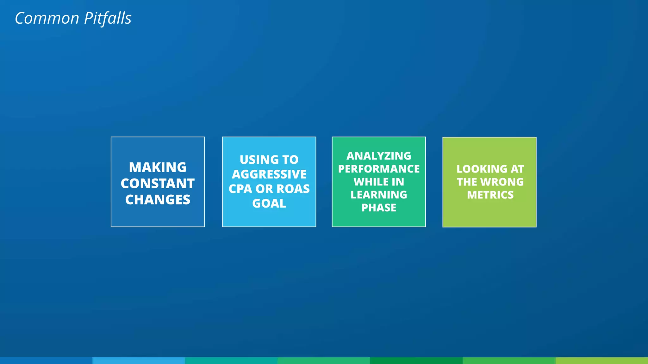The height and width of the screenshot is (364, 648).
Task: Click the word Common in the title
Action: (x=47, y=18)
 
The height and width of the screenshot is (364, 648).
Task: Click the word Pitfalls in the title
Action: (x=108, y=18)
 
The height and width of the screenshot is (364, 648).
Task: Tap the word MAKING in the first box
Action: (x=158, y=167)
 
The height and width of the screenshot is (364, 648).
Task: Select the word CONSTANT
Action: (x=158, y=184)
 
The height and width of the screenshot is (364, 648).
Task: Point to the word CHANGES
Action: (x=158, y=200)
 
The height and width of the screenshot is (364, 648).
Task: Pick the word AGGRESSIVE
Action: (x=269, y=174)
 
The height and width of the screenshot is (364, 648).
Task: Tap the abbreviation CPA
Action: (x=240, y=189)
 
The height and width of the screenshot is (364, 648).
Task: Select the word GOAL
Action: (x=269, y=203)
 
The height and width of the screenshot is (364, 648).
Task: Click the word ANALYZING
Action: (x=379, y=156)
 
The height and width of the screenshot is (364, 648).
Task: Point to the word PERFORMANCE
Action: (x=379, y=169)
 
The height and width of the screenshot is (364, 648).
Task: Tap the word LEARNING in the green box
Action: (x=379, y=195)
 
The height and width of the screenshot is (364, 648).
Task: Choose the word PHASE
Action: (x=379, y=208)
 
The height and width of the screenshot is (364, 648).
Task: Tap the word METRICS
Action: (x=490, y=195)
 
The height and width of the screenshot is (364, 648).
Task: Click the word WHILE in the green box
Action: (x=367, y=182)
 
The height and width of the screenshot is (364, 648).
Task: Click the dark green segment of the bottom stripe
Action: (x=416, y=361)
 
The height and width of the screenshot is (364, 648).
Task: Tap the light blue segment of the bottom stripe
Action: (x=139, y=361)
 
